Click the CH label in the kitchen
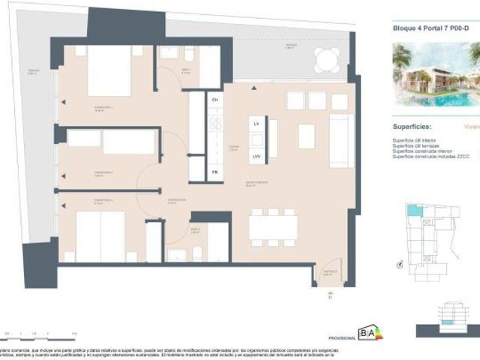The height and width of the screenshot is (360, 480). [214, 99]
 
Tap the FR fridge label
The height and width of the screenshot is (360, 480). [214, 172]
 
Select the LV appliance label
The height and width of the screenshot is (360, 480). [256, 123]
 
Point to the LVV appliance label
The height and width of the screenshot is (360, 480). [256, 156]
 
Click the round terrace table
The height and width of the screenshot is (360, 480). [326, 59]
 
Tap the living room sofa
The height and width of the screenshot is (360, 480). [341, 140]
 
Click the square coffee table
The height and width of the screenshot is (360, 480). [306, 136]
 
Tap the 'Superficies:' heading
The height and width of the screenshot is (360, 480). [412, 127]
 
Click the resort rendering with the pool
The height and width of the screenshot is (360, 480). [436, 73]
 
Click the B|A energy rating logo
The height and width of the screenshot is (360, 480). [369, 332]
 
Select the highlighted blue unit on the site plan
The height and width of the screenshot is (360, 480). [413, 211]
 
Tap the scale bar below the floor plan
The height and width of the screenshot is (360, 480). [41, 332]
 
